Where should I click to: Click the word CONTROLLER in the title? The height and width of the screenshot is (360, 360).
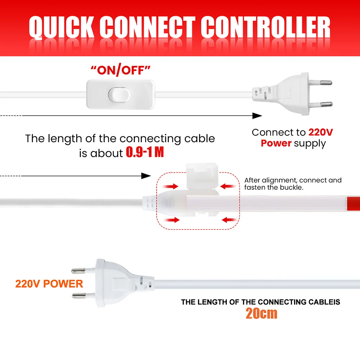pyautogui.click(x=265, y=28)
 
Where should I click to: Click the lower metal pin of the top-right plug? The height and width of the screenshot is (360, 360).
pyautogui.click(x=327, y=104)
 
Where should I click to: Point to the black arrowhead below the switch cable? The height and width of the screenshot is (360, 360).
pyautogui.click(x=256, y=116)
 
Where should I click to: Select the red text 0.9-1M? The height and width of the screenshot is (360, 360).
pyautogui.click(x=145, y=153)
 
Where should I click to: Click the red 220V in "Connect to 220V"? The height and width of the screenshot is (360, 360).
pyautogui.click(x=320, y=132)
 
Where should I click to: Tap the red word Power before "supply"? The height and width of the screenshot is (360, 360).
pyautogui.click(x=276, y=143)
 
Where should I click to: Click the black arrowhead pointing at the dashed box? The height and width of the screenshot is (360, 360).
pyautogui.click(x=145, y=176)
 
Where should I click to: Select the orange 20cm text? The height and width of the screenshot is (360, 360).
pyautogui.click(x=261, y=313)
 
